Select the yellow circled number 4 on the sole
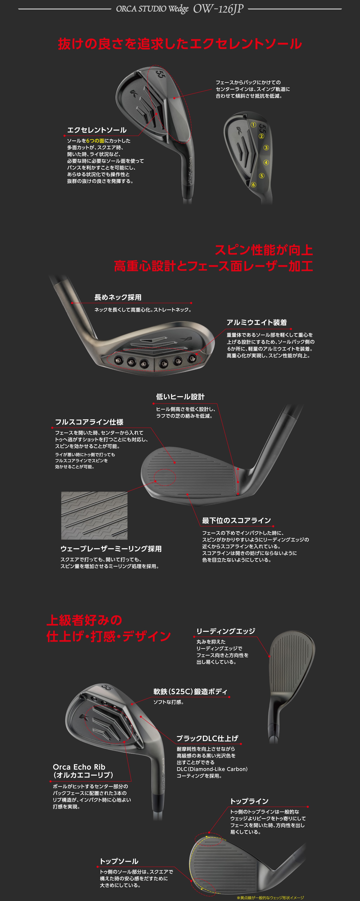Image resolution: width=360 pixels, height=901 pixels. pyautogui.click(x=266, y=162)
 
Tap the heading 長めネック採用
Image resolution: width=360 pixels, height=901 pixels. pyautogui.click(x=118, y=297)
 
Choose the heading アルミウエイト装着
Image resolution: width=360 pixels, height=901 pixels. pyautogui.click(x=256, y=322)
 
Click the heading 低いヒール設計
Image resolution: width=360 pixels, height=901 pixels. pyautogui.click(x=180, y=397)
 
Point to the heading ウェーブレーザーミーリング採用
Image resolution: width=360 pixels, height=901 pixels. pyautogui.click(x=111, y=548)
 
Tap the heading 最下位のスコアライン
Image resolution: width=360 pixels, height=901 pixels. pyautogui.click(x=236, y=520)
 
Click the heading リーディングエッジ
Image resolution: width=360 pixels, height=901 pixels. pyautogui.click(x=226, y=631)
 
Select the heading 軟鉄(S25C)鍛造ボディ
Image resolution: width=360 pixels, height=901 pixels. pyautogui.click(x=190, y=691)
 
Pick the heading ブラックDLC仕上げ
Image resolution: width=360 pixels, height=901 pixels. pyautogui.click(x=207, y=738)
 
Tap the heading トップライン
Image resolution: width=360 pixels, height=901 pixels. pyautogui.click(x=249, y=801)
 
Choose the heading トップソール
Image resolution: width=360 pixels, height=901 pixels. pyautogui.click(x=119, y=861)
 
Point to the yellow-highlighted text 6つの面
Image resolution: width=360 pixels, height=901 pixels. pyautogui.click(x=95, y=141)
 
